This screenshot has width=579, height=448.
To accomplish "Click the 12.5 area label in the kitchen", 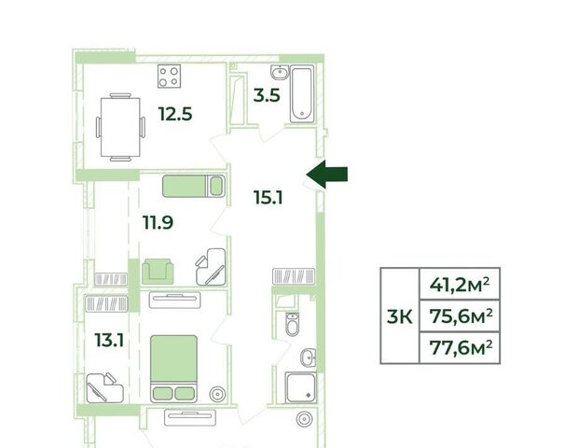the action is tap(175, 114).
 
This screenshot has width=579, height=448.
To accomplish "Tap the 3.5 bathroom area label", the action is tap(267, 95).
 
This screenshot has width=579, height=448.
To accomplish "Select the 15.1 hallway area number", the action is tap(269, 197).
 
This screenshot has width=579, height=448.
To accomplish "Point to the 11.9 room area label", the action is tap(159, 222).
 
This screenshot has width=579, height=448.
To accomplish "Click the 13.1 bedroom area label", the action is tap(109, 340).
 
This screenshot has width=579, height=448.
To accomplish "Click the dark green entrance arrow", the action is tap(327, 175).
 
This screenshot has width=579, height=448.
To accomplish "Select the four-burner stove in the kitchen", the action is tap(169, 77).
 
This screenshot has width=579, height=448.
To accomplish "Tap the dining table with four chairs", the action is tap(120, 127).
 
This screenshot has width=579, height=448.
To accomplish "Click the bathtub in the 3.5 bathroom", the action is tap(302, 94).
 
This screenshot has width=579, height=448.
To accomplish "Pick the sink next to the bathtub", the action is tap(280, 72).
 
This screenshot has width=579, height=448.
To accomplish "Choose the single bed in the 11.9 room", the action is tap(194, 186).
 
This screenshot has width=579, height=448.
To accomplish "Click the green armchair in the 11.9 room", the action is tap(158, 272).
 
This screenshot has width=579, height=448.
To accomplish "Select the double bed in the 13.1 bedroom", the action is tap(173, 369).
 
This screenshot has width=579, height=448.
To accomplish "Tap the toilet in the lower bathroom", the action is tap(293, 324).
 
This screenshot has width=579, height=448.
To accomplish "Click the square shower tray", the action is tap(301, 387).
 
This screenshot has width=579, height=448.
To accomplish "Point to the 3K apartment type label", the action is tap(400, 316).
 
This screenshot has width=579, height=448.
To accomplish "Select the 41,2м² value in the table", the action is tap(460, 285).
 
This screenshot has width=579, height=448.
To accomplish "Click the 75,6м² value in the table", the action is tap(462, 316).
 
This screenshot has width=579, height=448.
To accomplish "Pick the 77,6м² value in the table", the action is tap(462, 348).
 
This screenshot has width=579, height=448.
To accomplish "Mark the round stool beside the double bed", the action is tap(217, 394).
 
